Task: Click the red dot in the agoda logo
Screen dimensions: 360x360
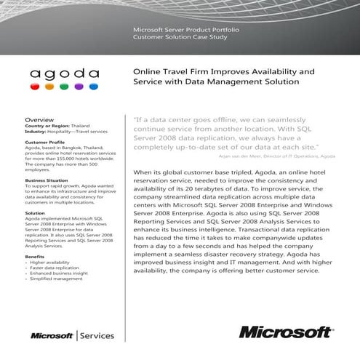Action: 35,86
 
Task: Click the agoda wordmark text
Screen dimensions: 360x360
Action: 64,72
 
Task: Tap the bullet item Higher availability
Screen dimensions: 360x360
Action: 52,263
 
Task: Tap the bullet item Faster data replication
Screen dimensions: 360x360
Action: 55,268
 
